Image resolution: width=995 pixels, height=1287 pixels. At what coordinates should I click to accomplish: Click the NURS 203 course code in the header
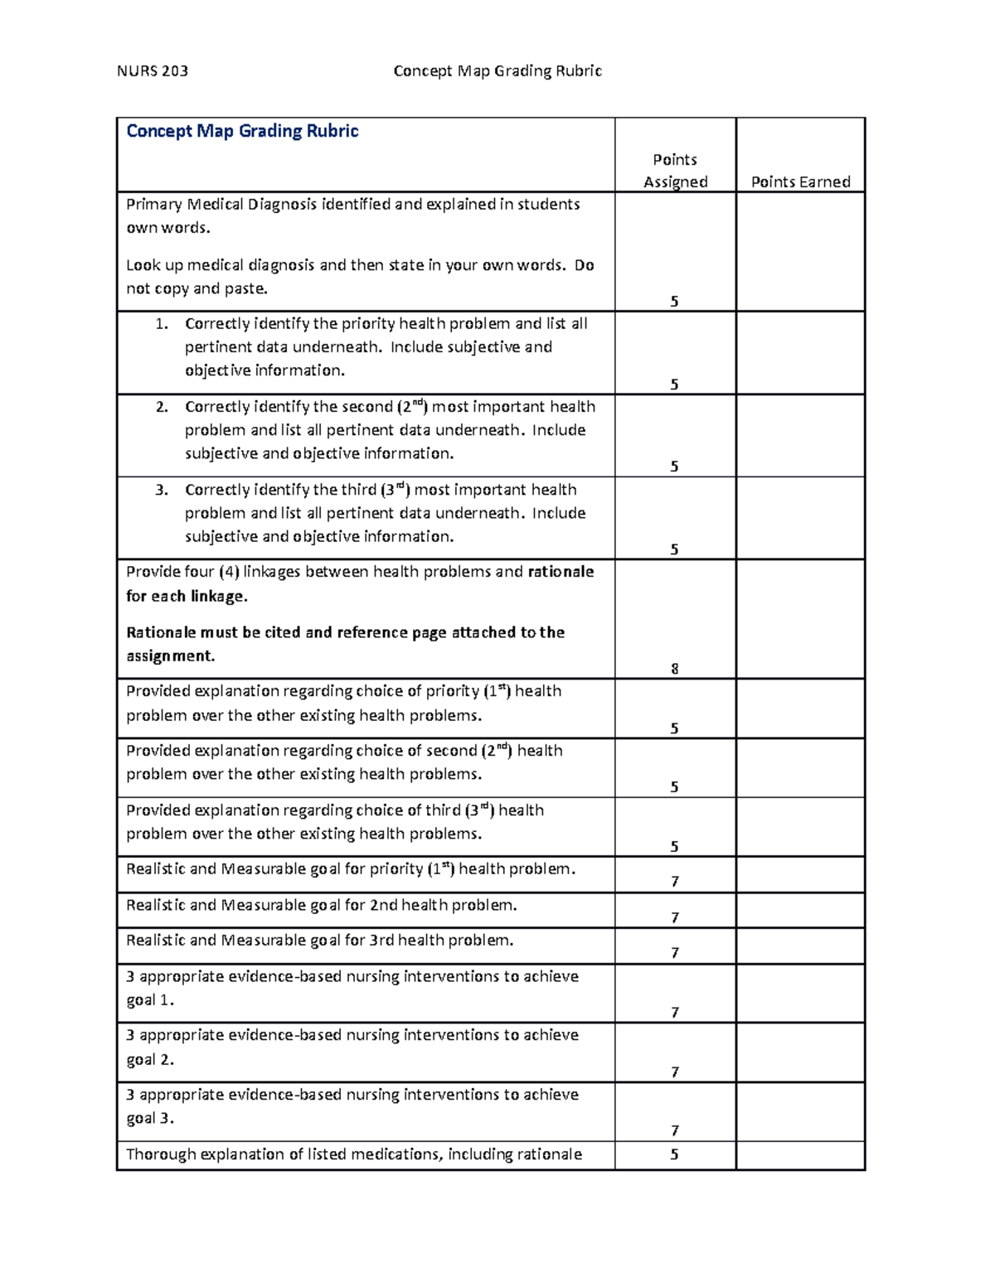point(152,71)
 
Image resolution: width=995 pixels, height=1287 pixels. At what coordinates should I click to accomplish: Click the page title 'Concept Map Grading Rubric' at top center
point(498,71)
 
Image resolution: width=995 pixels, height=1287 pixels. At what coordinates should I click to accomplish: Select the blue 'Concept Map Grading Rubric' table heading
point(242,131)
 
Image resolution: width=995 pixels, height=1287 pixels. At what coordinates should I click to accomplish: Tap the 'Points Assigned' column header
point(675,171)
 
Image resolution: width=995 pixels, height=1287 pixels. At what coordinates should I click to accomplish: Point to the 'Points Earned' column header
point(800,182)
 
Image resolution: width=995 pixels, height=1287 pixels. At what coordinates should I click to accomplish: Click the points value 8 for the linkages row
point(674,669)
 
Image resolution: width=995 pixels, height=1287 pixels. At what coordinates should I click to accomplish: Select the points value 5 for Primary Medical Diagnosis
point(674,302)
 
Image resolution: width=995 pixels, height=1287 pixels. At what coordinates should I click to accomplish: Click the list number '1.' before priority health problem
point(162,324)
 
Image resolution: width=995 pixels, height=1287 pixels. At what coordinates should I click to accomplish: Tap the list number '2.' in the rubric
point(162,407)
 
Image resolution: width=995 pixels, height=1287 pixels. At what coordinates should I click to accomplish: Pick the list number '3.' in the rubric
point(162,490)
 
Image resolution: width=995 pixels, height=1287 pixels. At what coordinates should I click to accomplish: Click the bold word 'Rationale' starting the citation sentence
point(159,632)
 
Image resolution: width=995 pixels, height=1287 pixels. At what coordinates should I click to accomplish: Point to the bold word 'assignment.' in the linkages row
point(170,656)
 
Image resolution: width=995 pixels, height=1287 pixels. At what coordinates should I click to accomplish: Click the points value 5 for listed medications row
point(674,1154)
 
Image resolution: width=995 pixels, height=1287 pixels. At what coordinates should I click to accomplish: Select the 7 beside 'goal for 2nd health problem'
point(674,917)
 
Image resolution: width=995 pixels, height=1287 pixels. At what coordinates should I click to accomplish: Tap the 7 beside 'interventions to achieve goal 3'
point(674,1131)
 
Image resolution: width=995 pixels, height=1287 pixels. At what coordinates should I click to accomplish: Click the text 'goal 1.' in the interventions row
point(150,1000)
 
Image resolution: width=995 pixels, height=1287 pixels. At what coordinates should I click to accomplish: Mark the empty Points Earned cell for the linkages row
point(800,619)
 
